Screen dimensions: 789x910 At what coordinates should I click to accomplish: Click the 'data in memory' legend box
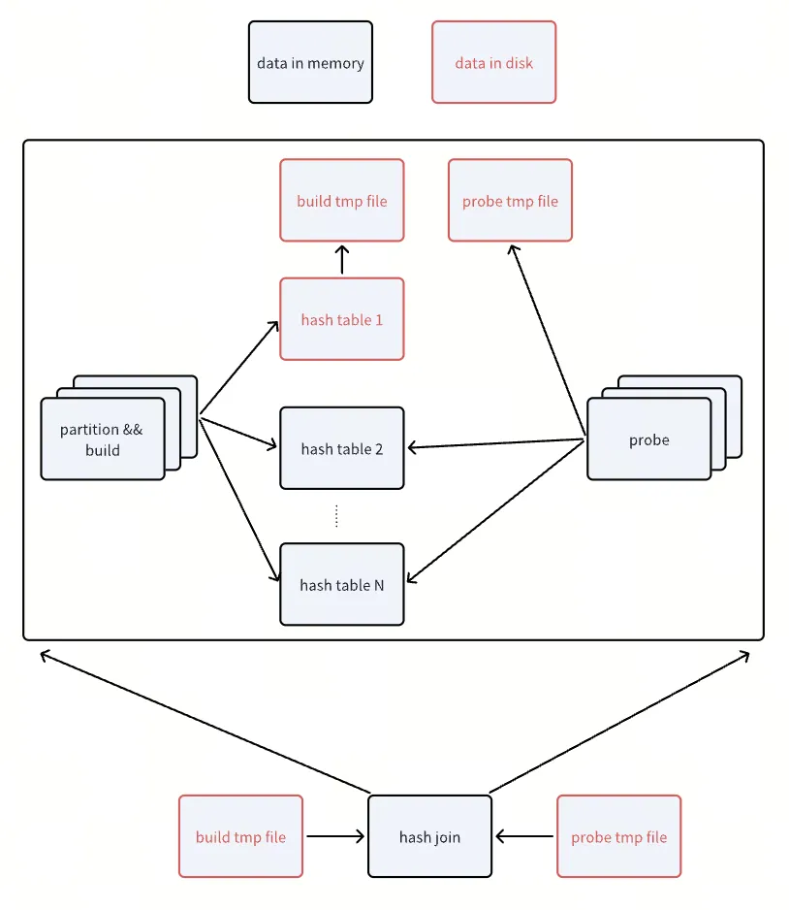(310, 62)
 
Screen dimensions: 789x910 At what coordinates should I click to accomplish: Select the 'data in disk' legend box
(494, 62)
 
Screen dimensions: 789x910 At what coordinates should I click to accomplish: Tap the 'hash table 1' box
(342, 319)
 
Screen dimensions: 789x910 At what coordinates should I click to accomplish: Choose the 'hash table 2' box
(342, 448)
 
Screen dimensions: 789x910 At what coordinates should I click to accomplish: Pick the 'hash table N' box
(342, 584)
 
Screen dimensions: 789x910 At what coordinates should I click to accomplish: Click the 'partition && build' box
(103, 439)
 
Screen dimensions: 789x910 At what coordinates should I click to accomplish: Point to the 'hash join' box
(429, 836)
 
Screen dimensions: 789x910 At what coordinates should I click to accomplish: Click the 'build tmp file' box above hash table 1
(342, 200)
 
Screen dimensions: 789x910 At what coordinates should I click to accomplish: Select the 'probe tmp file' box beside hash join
(618, 836)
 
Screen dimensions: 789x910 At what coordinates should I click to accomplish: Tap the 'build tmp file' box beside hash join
(240, 836)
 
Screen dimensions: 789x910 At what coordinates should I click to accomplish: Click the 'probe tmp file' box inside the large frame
(510, 200)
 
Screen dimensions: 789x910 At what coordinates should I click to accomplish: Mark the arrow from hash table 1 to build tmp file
(342, 259)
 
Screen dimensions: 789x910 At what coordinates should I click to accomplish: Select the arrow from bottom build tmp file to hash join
(335, 836)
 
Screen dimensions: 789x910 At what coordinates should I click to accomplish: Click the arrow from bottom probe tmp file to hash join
(524, 836)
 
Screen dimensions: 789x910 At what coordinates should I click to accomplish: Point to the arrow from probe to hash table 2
(495, 443)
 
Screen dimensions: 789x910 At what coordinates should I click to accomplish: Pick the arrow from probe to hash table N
(495, 511)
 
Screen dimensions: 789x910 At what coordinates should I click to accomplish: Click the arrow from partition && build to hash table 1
(239, 368)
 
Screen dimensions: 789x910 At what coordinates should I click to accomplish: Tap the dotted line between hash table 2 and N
(336, 516)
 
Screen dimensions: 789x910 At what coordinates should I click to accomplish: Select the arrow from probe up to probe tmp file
(548, 341)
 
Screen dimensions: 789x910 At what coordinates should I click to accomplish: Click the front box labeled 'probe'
(649, 439)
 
